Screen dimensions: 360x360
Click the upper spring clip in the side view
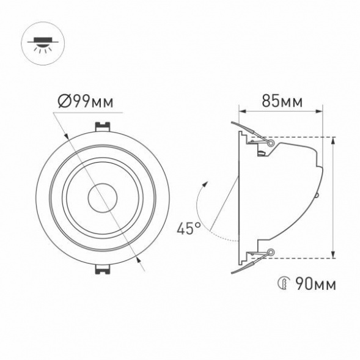coord(251,134)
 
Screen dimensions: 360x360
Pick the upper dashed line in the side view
coord(293,137)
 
